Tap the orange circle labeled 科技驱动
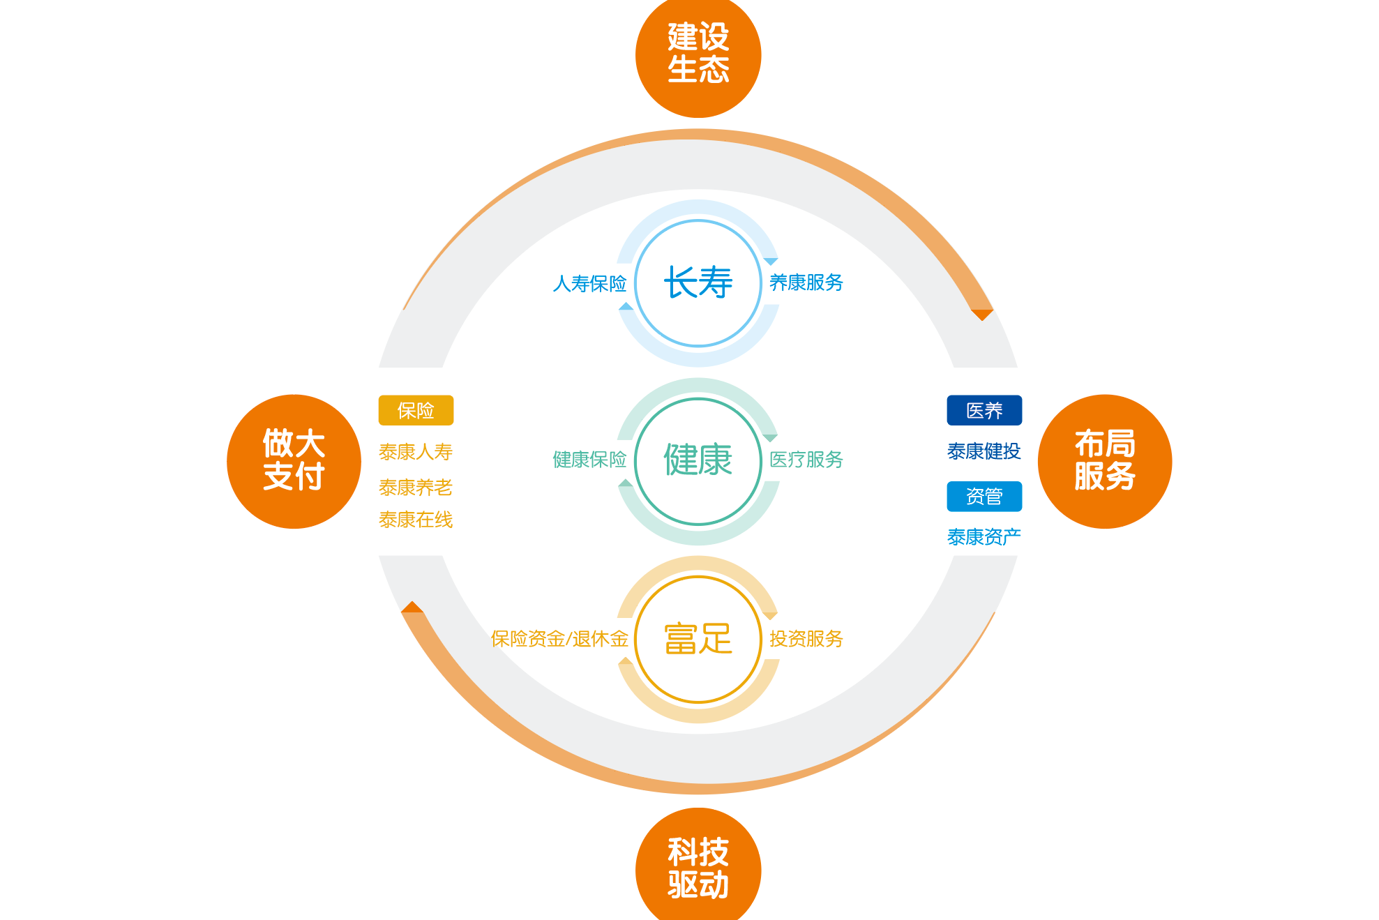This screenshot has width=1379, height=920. [x=698, y=868]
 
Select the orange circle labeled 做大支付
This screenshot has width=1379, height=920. [x=294, y=461]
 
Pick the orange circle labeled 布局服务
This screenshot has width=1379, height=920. [x=1104, y=461]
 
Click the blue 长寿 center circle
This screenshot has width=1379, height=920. [x=698, y=282]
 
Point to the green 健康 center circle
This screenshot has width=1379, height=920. [x=698, y=460]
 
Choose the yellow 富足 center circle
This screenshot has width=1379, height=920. [x=698, y=639]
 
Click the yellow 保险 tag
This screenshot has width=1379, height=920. [x=416, y=410]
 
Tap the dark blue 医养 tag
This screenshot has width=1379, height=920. [x=984, y=410]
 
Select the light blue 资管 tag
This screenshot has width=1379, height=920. [x=984, y=496]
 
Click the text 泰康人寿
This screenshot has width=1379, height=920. [x=416, y=452]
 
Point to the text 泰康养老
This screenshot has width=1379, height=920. [x=416, y=487]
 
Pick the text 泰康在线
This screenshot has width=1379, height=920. [x=416, y=520]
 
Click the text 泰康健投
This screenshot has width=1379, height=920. [x=984, y=451]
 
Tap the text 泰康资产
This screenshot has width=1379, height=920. [x=984, y=536]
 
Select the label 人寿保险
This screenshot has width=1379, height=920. [x=589, y=283]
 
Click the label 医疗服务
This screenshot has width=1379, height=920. [x=806, y=460]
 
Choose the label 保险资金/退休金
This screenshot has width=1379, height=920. [x=559, y=639]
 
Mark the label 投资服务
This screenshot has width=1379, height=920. [x=806, y=639]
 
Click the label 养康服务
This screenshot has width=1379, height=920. [x=806, y=282]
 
